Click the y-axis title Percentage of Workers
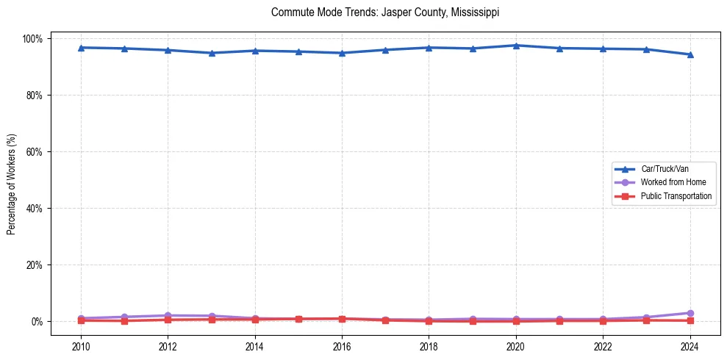pyautogui.click(x=12, y=180)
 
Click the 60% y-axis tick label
pyautogui.click(x=35, y=152)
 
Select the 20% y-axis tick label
pyautogui.click(x=35, y=265)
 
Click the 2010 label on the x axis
pyautogui.click(x=81, y=347)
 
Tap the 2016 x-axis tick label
pyautogui.click(x=342, y=347)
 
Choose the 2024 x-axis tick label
pyautogui.click(x=690, y=347)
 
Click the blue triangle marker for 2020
pyautogui.click(x=516, y=46)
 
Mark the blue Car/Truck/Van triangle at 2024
pyautogui.click(x=690, y=54)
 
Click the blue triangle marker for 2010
pyautogui.click(x=81, y=48)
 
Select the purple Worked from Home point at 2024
pyautogui.click(x=690, y=313)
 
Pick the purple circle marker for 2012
pyautogui.click(x=168, y=316)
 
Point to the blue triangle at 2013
pyautogui.click(x=212, y=53)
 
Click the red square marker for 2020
pyautogui.click(x=516, y=321)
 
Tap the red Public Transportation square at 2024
pyautogui.click(x=690, y=320)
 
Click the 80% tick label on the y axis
pyautogui.click(x=35, y=96)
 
